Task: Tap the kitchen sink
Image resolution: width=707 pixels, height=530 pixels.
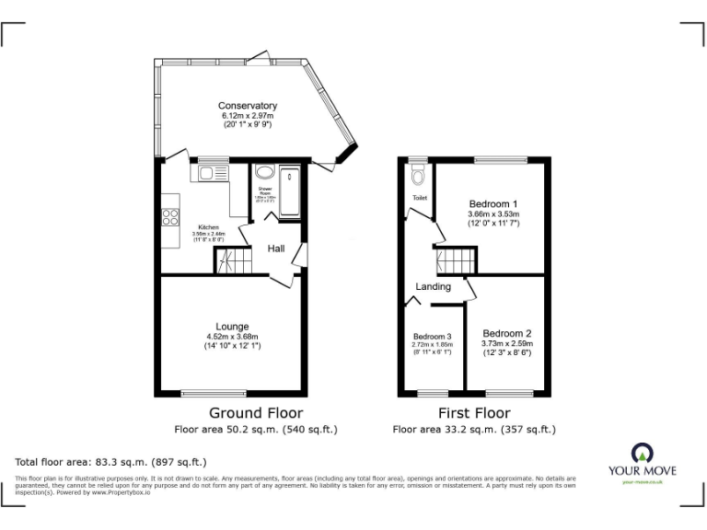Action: click(x=204, y=172)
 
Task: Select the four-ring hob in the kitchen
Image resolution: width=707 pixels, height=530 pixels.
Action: click(x=170, y=218)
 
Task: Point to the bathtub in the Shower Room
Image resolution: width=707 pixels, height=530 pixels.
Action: click(x=290, y=190)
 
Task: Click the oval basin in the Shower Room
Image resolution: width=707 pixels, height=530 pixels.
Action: click(x=264, y=172)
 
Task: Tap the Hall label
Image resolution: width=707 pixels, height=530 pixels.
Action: click(x=276, y=249)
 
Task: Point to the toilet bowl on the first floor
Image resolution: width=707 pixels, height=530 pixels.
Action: click(x=417, y=175)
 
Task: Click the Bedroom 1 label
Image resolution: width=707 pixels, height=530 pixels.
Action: click(x=493, y=203)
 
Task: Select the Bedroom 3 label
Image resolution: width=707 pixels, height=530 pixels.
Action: click(x=432, y=336)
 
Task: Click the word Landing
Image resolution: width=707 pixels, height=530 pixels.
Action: click(x=433, y=287)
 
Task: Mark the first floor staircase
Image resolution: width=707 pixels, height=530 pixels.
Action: click(x=453, y=260)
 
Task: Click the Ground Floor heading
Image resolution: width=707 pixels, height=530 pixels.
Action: click(x=255, y=413)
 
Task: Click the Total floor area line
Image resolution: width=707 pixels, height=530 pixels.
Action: click(x=110, y=462)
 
